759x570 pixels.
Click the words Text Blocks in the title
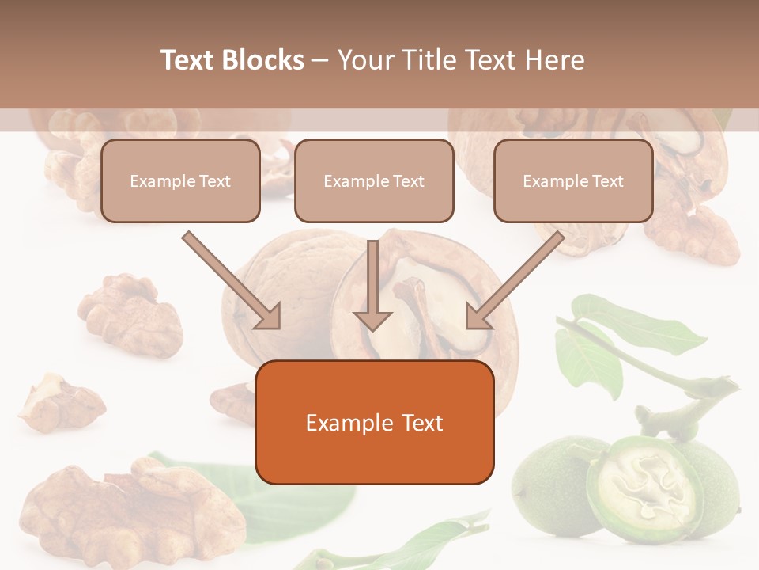click(232, 60)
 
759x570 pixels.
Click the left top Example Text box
click(180, 181)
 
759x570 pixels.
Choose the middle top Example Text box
click(374, 181)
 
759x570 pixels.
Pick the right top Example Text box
click(573, 181)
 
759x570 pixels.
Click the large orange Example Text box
click(374, 422)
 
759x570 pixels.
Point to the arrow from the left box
click(233, 281)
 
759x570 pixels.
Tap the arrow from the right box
click(514, 281)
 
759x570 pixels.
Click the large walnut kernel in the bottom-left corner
click(126, 507)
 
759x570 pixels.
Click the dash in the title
click(320, 60)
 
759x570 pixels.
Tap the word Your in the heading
click(364, 60)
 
